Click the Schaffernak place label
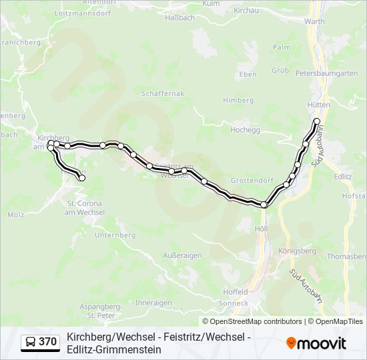point(162,95)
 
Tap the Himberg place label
point(238,101)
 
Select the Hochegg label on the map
point(245,130)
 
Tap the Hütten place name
point(319,105)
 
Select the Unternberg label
point(115,235)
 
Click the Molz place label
point(15,215)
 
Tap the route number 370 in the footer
point(47,342)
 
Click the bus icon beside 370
point(31,342)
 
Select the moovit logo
point(316,343)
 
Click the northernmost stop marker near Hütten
point(317,121)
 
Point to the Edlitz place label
point(342,177)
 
